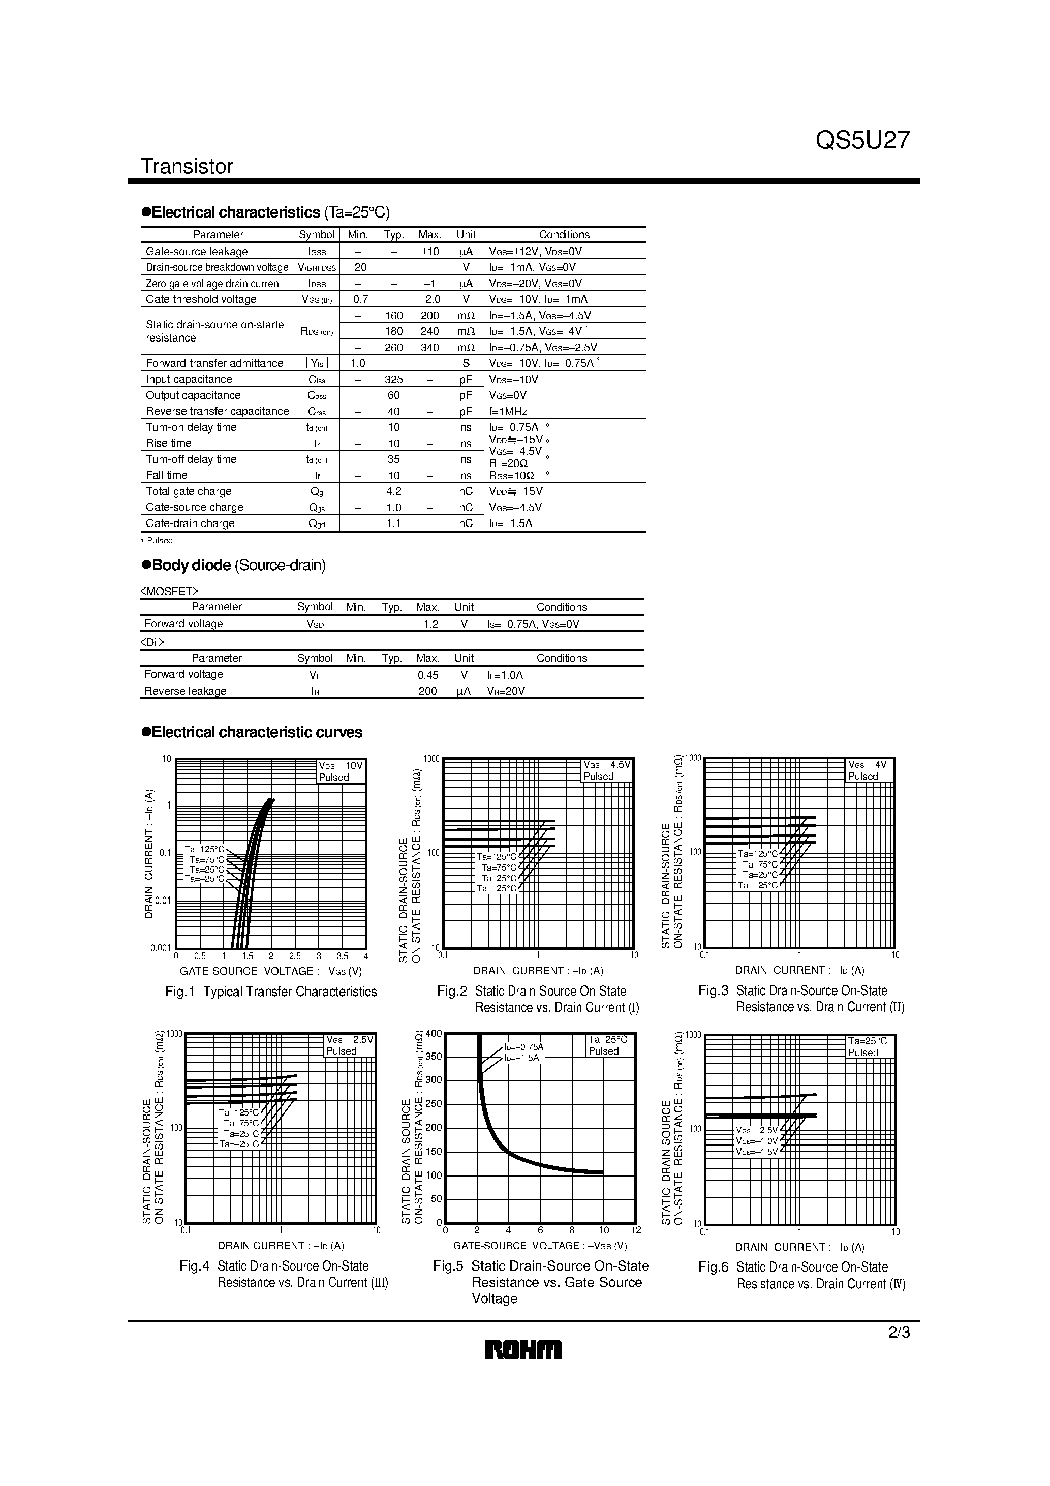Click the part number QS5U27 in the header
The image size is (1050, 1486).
point(862,140)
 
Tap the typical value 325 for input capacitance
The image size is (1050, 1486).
point(393,379)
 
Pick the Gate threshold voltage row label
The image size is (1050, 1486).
point(201,299)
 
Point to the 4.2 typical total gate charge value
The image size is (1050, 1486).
point(393,491)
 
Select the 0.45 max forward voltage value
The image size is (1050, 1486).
point(427,675)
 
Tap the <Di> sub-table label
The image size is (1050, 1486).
point(152,642)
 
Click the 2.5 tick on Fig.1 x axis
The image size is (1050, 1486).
point(295,956)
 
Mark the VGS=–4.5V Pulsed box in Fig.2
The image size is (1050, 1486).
point(606,770)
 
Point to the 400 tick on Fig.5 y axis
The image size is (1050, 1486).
point(434,1034)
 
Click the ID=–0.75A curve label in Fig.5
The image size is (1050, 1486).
point(523,1046)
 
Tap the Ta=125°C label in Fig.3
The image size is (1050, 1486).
point(760,854)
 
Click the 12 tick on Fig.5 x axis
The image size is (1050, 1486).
point(636,1230)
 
